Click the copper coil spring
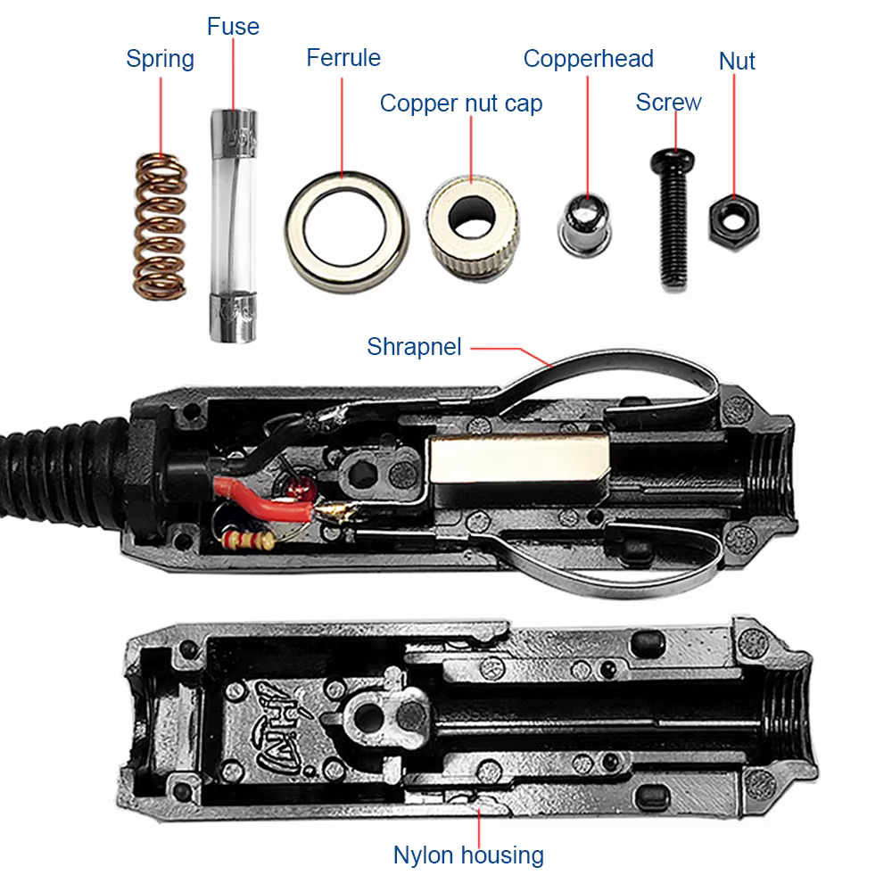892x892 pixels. pyautogui.click(x=161, y=226)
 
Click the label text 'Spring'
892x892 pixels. pyautogui.click(x=160, y=59)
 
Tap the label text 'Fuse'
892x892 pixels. pyautogui.click(x=233, y=26)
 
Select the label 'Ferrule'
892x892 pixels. pyautogui.click(x=343, y=58)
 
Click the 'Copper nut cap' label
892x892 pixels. pyautogui.click(x=460, y=103)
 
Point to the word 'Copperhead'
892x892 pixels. pyautogui.click(x=588, y=59)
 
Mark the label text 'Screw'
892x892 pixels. pyautogui.click(x=668, y=103)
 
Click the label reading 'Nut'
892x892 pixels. pyautogui.click(x=737, y=62)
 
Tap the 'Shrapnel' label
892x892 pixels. pyautogui.click(x=414, y=346)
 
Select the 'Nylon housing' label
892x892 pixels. pyautogui.click(x=468, y=855)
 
